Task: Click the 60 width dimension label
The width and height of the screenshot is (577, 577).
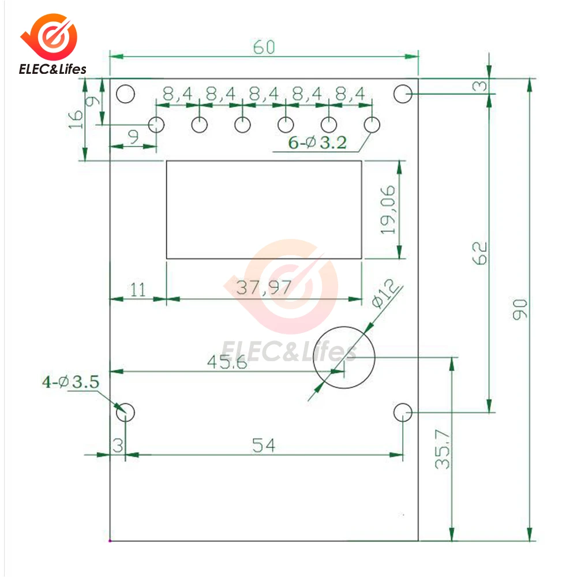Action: (264, 47)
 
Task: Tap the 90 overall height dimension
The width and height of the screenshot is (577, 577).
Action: (520, 309)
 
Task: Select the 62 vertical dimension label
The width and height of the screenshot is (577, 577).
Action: (479, 253)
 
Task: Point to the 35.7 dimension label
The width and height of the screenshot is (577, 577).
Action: (443, 449)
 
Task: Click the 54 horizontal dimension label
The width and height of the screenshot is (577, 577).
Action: (264, 445)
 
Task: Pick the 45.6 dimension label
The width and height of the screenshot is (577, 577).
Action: (227, 362)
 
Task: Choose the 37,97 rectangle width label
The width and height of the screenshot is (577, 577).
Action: (264, 287)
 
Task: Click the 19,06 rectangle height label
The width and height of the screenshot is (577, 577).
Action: (388, 210)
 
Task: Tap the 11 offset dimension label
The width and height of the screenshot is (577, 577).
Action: (138, 290)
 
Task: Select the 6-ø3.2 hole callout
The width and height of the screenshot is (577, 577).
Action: (317, 143)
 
